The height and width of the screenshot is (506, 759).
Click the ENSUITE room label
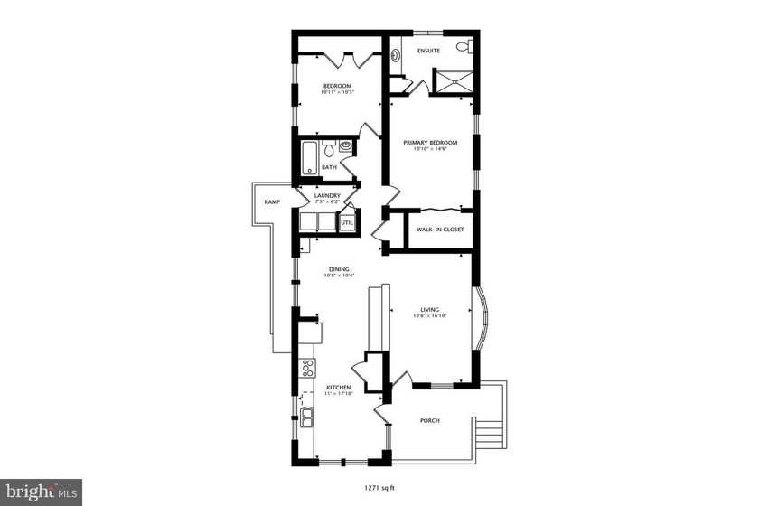428,51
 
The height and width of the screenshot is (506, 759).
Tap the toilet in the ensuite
462,47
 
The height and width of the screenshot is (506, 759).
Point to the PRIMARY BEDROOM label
430,142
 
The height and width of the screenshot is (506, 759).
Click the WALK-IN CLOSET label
440,230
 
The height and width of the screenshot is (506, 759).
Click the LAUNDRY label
327,195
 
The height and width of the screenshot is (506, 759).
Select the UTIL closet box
348,221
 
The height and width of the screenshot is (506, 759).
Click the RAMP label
272,202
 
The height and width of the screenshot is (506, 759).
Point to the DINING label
339,268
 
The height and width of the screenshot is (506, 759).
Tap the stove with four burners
308,368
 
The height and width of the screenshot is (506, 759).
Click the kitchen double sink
308,417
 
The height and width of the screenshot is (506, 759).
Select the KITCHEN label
339,388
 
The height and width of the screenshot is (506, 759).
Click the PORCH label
430,420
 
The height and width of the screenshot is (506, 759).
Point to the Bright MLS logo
42,492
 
